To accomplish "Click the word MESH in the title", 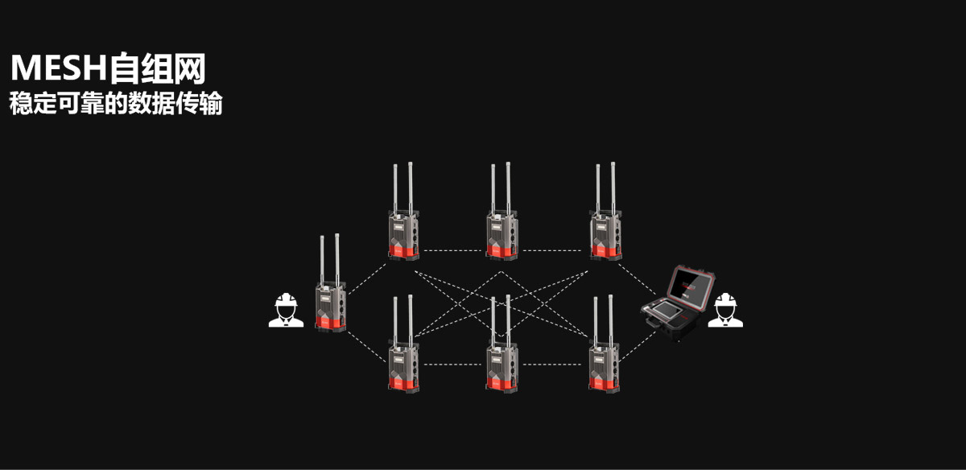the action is [59, 68].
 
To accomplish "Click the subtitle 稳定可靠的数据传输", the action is [116, 103].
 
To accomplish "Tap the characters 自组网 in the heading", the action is [158, 68].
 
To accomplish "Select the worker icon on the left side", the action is [286, 310].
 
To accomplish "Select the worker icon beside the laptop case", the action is [725, 310].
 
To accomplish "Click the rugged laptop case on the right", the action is [677, 303].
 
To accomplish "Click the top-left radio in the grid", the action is [403, 212].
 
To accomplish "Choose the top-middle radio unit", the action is [502, 212].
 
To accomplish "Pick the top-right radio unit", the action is [606, 212].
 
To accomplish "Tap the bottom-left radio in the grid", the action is [403, 344].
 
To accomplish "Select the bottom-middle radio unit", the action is [502, 344].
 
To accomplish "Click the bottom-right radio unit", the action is [605, 344].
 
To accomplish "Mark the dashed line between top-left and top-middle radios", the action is [452, 250].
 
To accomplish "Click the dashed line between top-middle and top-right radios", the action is [552, 250].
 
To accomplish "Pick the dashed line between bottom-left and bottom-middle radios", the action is [452, 365].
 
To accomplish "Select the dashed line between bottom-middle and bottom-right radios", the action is [552, 365].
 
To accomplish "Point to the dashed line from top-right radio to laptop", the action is [637, 279].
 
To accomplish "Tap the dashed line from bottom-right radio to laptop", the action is [638, 346].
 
